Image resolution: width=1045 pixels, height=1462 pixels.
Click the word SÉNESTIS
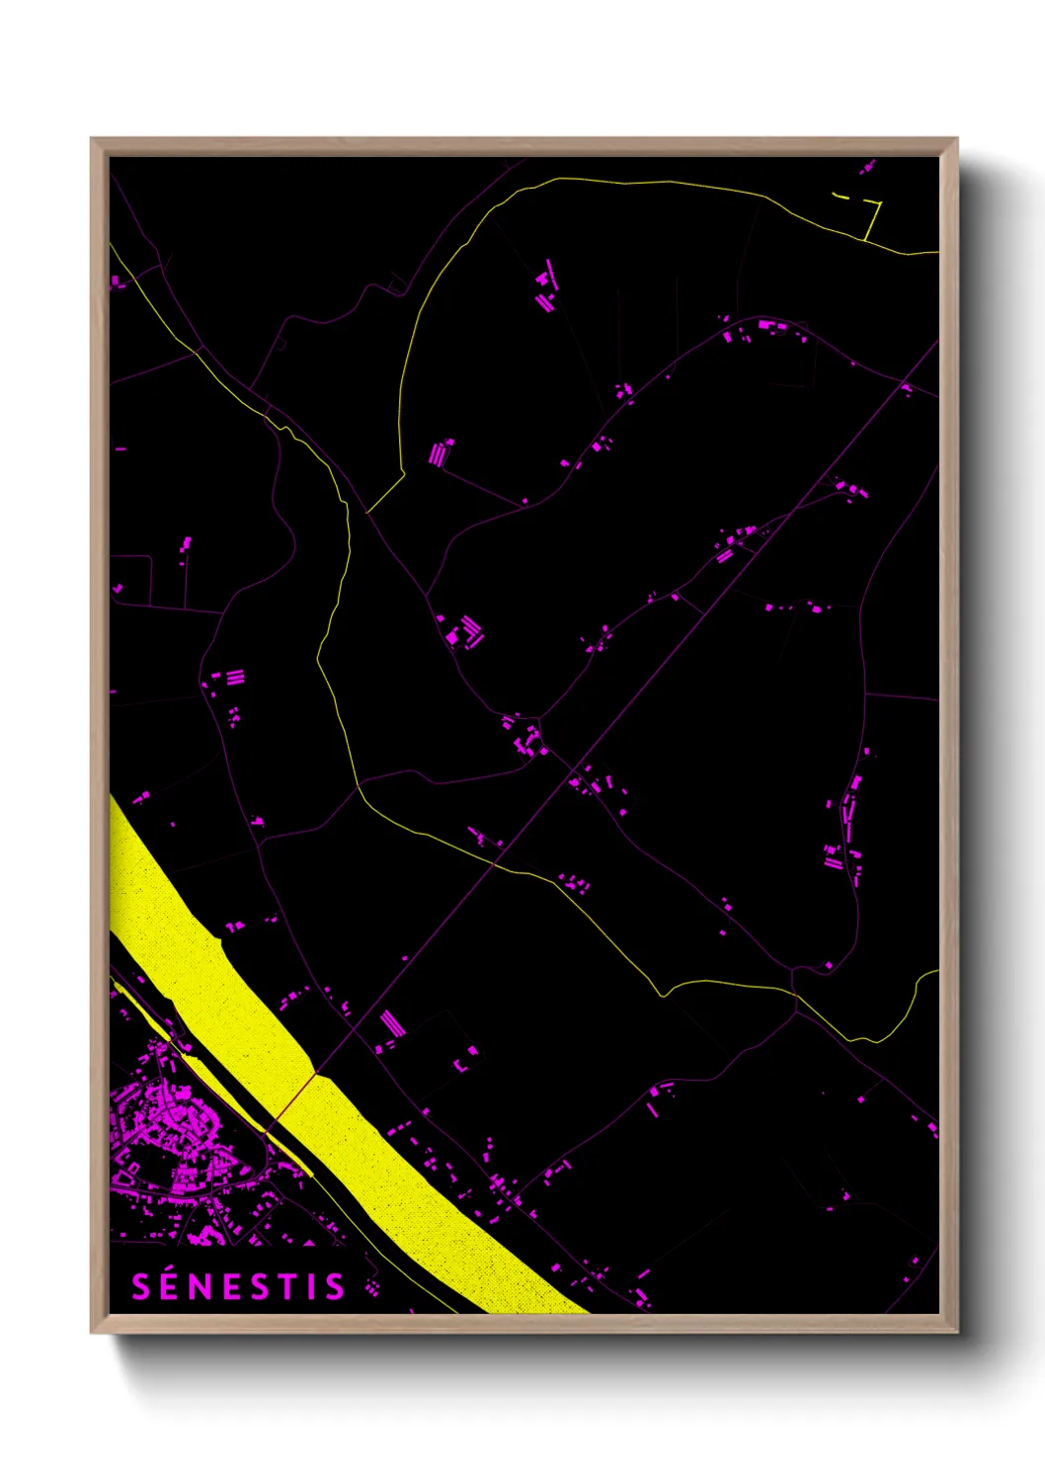(238, 1286)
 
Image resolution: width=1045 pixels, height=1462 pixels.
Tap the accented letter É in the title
(169, 1286)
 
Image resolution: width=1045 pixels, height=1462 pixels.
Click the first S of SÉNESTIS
(141, 1286)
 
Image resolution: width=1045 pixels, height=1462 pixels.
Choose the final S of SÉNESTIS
(335, 1286)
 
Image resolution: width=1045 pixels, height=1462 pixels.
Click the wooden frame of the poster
(99, 691)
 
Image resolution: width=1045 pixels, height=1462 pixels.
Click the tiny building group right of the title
(371, 1285)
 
